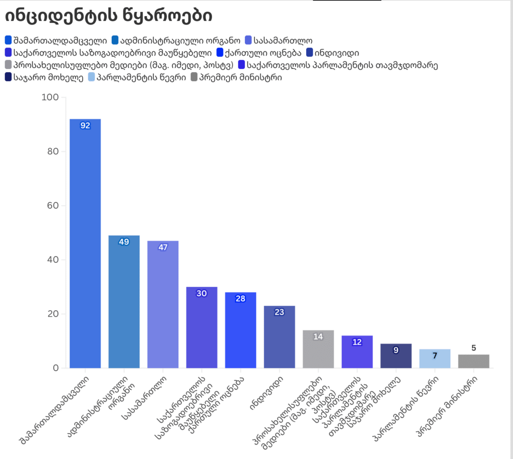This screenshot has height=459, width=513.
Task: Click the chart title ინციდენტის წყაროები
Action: [x=108, y=16]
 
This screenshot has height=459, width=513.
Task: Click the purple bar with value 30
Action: [x=201, y=327]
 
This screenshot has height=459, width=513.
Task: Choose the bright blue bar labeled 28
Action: [x=240, y=330]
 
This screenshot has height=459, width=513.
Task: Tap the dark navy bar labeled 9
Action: [x=396, y=356]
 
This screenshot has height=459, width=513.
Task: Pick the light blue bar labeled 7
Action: [x=435, y=358]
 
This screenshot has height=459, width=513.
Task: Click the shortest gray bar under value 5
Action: [x=473, y=361]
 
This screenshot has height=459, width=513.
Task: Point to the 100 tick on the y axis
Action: [x=49, y=97]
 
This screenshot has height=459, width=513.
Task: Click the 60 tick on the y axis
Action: [x=52, y=206]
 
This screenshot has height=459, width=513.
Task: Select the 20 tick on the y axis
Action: [x=52, y=314]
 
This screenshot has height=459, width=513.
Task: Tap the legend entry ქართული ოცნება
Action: [x=258, y=52]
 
